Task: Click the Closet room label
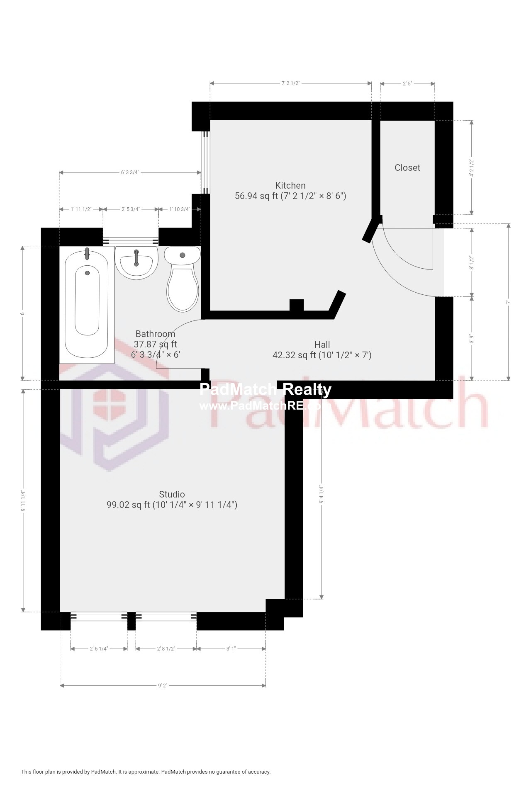(407, 167)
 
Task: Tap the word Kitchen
(290, 185)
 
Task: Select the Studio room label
(172, 494)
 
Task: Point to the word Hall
(322, 345)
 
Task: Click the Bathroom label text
(155, 334)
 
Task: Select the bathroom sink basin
(136, 262)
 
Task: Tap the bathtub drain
(88, 273)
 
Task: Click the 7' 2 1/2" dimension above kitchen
(290, 83)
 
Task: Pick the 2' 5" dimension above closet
(407, 83)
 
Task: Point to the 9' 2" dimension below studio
(163, 686)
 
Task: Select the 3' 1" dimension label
(231, 649)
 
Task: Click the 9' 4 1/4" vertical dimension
(321, 494)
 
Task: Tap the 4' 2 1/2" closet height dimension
(471, 167)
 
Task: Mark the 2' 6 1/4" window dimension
(99, 649)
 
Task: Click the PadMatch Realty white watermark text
(265, 390)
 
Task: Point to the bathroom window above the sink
(131, 240)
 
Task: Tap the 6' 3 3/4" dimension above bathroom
(130, 172)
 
